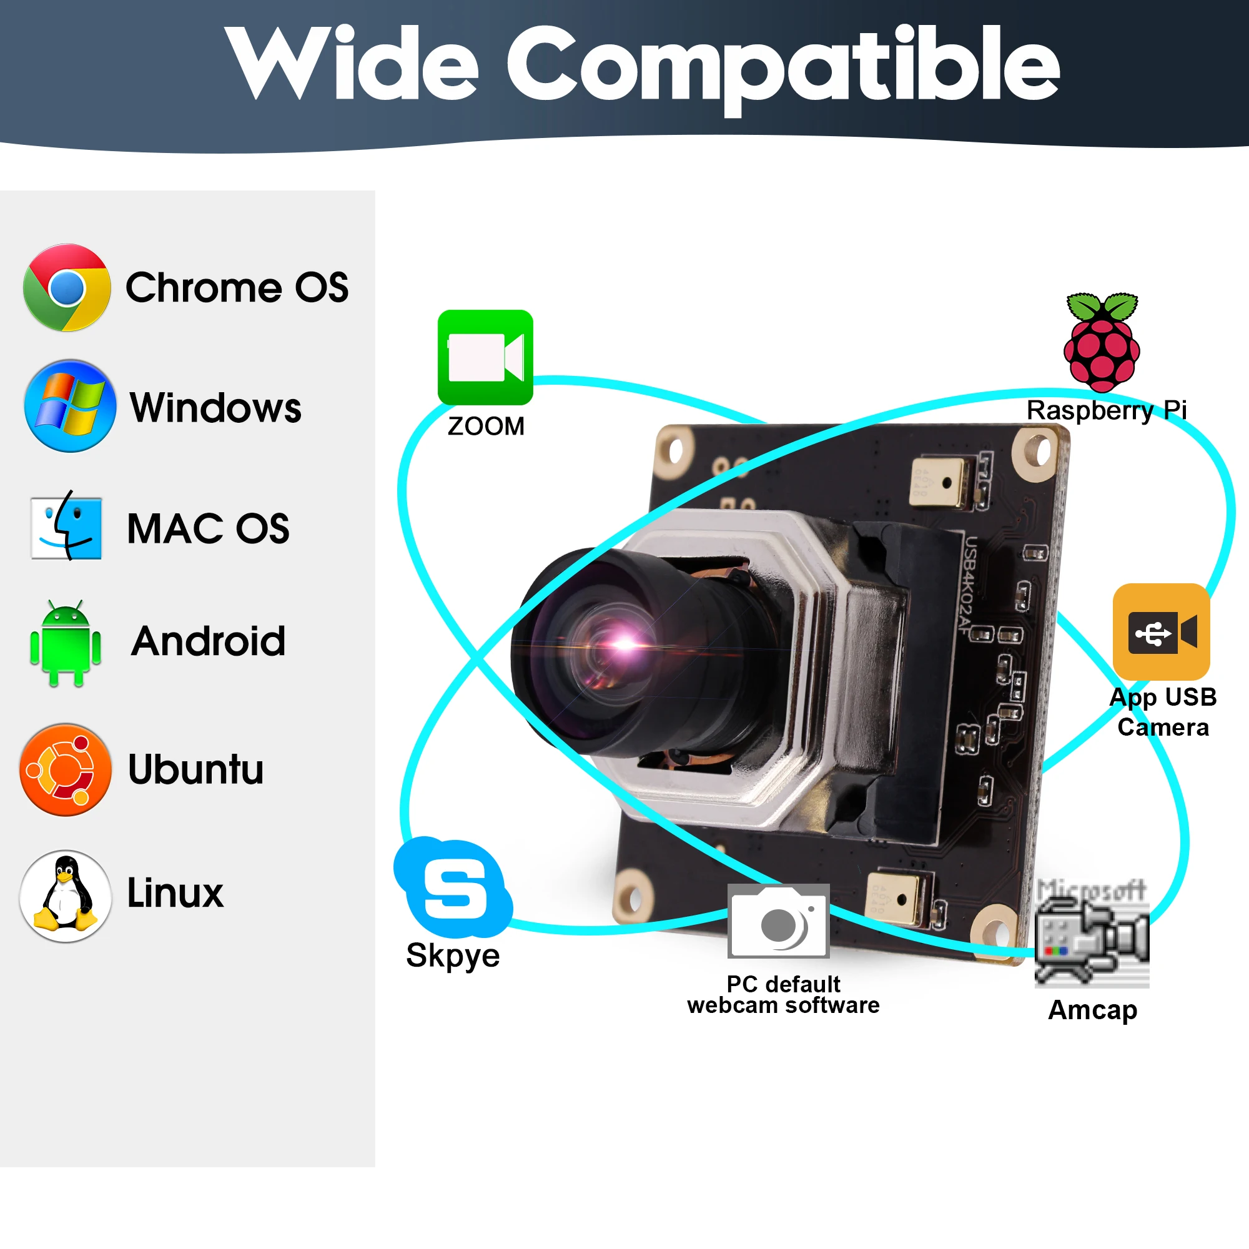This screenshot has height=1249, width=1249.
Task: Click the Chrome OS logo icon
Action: tap(67, 288)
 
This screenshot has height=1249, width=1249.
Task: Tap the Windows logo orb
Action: tap(70, 406)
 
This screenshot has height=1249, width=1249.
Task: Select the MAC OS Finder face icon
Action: tap(66, 527)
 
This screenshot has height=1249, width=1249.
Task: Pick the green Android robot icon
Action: tap(66, 643)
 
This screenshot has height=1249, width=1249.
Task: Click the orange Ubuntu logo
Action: tap(66, 769)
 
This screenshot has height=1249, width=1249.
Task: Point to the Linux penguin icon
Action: tap(66, 896)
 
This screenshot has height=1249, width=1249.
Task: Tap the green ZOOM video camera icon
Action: tap(485, 357)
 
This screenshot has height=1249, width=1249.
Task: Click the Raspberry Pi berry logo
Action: tap(1102, 343)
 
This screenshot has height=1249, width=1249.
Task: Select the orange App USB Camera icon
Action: tap(1161, 631)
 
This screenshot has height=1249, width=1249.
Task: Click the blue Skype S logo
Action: tap(453, 887)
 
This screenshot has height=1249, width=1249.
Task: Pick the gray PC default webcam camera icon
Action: tap(778, 921)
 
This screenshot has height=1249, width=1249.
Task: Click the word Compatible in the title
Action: tap(782, 65)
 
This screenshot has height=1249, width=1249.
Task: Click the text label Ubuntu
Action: tap(196, 769)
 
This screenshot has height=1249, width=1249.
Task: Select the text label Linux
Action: tap(175, 893)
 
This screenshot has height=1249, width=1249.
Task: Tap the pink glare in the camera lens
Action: tap(622, 643)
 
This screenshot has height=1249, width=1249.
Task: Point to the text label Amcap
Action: tap(1092, 1010)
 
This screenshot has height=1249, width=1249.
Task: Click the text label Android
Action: tap(208, 641)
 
